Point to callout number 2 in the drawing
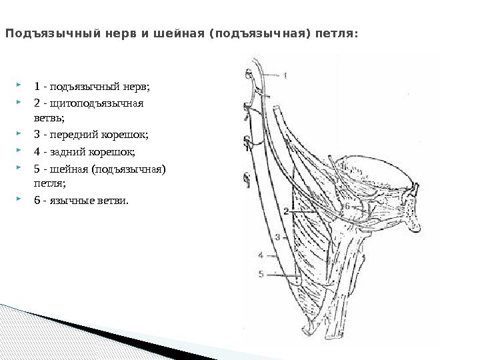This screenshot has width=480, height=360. (285, 211)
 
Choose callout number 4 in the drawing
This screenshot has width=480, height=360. (261, 254)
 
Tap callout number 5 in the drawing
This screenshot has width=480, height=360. (261, 272)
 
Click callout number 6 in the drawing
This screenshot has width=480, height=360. (346, 207)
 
